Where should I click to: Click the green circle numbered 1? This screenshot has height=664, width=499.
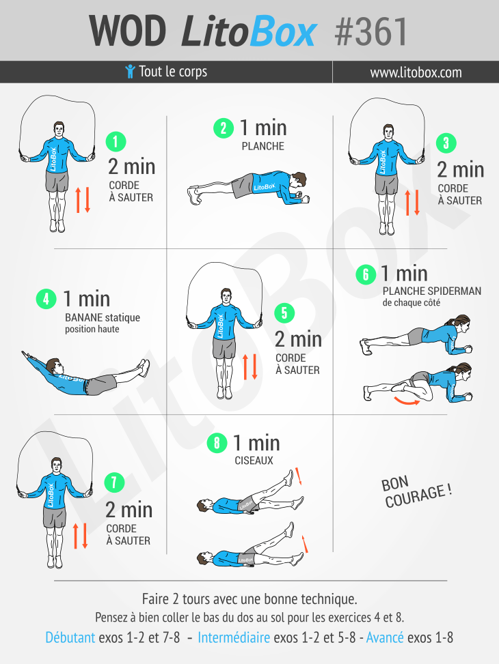[x=116, y=142]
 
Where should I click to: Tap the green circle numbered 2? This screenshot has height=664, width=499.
[x=224, y=128]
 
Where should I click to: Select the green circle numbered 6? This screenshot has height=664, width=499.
[x=366, y=274]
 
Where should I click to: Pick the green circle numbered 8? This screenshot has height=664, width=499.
[x=217, y=443]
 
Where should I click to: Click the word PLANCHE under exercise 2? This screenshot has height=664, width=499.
[x=262, y=146]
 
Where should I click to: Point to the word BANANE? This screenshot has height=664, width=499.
[x=83, y=317]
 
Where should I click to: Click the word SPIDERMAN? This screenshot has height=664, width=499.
[x=457, y=291]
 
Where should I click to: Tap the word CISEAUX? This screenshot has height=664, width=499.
[x=254, y=461]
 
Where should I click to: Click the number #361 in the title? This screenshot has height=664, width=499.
[x=371, y=32]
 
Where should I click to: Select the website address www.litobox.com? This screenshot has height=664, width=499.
[x=416, y=72]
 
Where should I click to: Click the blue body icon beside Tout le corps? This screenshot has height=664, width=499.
[x=131, y=71]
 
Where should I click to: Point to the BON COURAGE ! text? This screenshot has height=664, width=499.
[x=417, y=491]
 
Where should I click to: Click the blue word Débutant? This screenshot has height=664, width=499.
[x=70, y=637]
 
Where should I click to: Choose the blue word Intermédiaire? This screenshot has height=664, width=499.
[x=234, y=637]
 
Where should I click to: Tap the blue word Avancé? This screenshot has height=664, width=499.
[x=385, y=637]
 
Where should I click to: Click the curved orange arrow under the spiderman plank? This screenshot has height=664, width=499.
[x=407, y=401]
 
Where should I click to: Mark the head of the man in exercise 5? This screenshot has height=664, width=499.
[x=226, y=296]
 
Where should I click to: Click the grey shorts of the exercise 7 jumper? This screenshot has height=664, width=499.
[x=55, y=517]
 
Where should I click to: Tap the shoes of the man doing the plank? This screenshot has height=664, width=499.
[x=194, y=195]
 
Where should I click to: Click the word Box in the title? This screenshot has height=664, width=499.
[x=283, y=32]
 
